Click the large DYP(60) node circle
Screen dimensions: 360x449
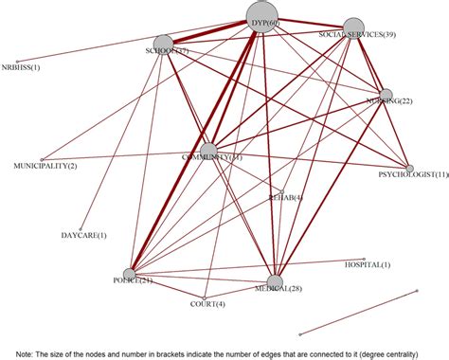263,16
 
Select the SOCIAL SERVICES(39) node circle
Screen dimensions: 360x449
353,28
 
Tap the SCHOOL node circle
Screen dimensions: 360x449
165,44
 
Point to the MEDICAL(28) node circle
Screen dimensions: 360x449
275,280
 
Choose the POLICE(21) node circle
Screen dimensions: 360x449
129,275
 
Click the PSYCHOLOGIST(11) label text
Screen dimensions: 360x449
413,175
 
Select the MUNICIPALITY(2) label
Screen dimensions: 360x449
45,166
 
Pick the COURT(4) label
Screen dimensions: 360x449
207,303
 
